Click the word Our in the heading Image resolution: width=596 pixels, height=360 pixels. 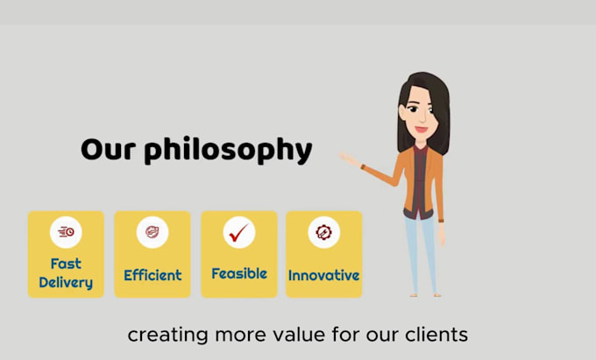[109, 149]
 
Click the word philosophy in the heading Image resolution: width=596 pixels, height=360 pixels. [228, 150]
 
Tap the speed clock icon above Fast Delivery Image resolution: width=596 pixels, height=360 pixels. [66, 231]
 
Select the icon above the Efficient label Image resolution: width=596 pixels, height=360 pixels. [153, 231]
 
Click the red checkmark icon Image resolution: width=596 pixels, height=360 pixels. [238, 232]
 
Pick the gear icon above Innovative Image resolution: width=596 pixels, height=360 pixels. [323, 232]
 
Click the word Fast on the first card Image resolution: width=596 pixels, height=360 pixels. [66, 264]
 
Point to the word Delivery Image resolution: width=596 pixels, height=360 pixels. [66, 283]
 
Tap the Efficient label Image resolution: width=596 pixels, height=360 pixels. [153, 275]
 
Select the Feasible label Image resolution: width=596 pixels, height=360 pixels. [239, 273]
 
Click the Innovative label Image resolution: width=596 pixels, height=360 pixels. [323, 275]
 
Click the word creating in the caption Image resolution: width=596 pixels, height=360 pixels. [167, 335]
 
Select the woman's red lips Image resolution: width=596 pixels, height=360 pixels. [422, 130]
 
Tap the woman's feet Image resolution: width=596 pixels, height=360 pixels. [425, 294]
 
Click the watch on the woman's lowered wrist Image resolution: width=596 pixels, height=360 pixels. [441, 221]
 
